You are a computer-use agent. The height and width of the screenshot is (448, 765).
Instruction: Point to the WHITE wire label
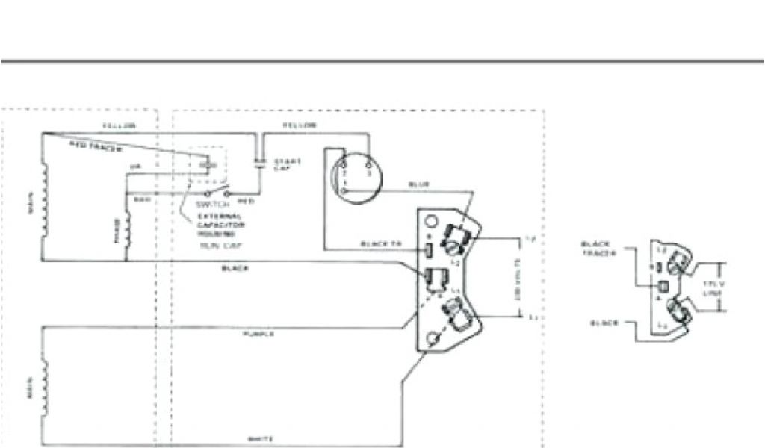coord(256,439)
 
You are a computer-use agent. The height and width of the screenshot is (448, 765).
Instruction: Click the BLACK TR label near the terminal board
coord(380,245)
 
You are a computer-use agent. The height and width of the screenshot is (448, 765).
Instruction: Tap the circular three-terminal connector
coord(356,175)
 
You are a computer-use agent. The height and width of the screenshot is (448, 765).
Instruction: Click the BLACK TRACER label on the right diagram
coord(598,249)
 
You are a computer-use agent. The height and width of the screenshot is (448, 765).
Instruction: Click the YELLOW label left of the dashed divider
coord(117,127)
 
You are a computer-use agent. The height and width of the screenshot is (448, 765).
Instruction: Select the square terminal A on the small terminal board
coord(661,287)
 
